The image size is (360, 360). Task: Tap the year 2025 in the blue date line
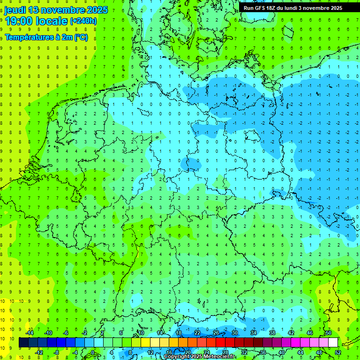(x=96, y=10)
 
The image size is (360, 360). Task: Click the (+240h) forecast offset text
(x=83, y=21)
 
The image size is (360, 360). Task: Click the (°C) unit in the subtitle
(x=81, y=37)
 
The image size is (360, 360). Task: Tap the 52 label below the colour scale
(x=338, y=352)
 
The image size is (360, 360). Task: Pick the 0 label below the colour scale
(x=93, y=352)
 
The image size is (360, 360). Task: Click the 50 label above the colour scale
(x=328, y=333)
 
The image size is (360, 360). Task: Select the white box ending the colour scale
(x=333, y=343)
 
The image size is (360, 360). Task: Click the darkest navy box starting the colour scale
(x=23, y=343)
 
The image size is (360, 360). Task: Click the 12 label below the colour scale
(x=150, y=352)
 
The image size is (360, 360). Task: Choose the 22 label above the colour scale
(x=197, y=333)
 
